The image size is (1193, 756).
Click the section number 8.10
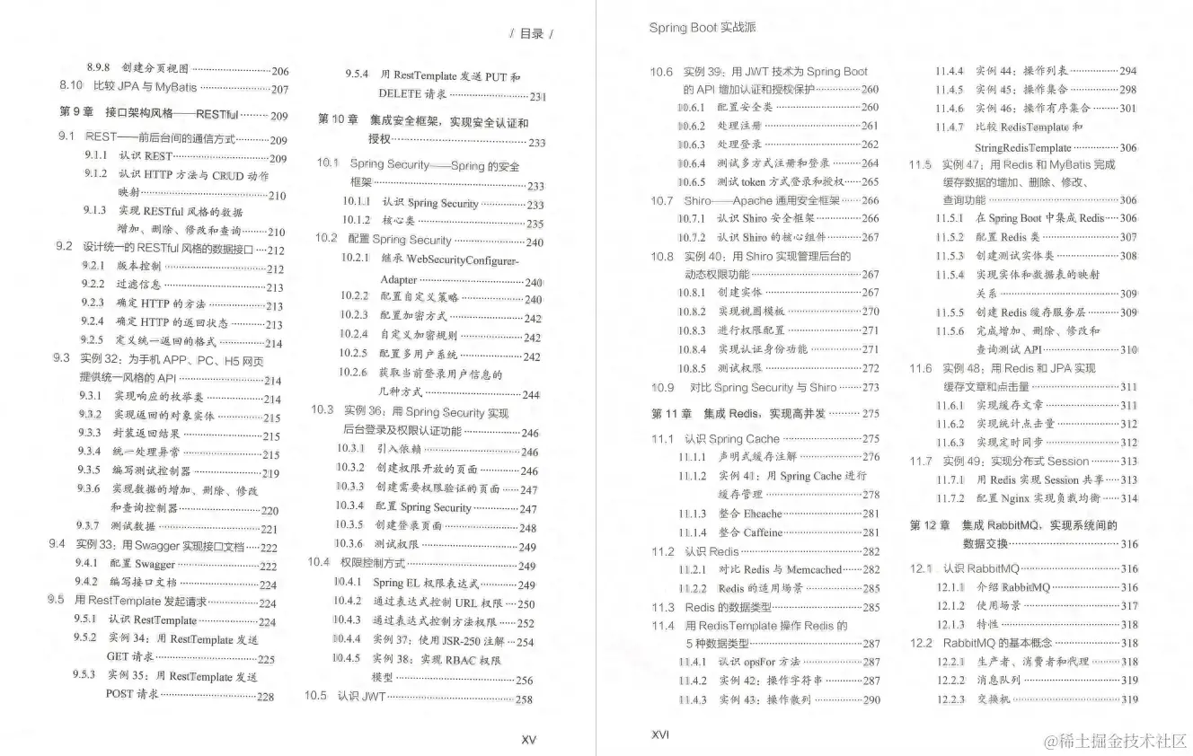click(71, 87)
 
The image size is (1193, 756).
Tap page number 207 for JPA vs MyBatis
click(279, 89)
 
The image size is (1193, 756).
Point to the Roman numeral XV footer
click(528, 740)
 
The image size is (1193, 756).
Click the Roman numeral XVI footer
click(659, 734)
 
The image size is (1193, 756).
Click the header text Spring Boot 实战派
click(703, 28)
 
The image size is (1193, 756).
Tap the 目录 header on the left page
click(532, 34)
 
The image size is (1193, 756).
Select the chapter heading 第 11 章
click(671, 414)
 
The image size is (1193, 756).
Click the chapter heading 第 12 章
click(930, 525)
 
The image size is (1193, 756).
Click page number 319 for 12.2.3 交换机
click(1129, 699)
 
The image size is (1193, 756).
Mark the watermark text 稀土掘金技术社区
click(1114, 741)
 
